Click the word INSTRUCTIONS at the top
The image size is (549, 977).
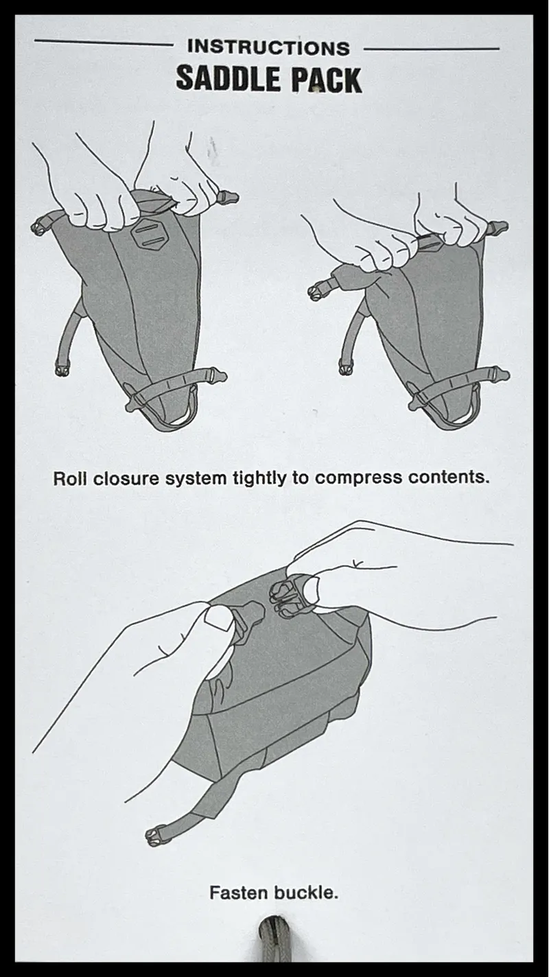[x=268, y=48]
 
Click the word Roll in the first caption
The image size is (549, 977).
[x=70, y=478]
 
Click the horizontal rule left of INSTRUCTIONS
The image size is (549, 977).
[x=103, y=43]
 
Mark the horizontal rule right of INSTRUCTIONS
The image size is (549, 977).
[x=431, y=49]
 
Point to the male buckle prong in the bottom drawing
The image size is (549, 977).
[x=249, y=613]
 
